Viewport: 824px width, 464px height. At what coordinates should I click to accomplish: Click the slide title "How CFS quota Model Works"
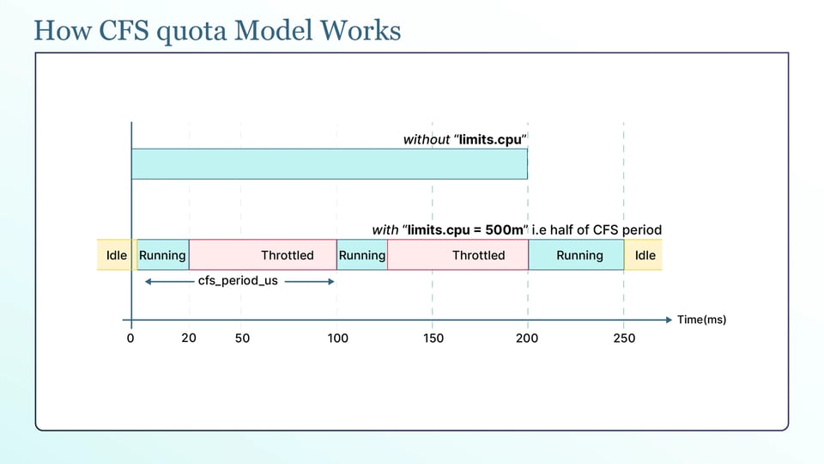pyautogui.click(x=217, y=31)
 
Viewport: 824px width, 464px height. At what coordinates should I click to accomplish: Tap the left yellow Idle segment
pyautogui.click(x=114, y=255)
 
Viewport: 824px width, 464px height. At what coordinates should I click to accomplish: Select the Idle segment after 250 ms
pyautogui.click(x=643, y=255)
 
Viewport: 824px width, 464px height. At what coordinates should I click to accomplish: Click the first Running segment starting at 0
pyautogui.click(x=163, y=255)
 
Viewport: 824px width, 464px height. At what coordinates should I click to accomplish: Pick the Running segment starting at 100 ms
pyautogui.click(x=362, y=255)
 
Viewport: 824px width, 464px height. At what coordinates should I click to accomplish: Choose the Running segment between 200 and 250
pyautogui.click(x=577, y=255)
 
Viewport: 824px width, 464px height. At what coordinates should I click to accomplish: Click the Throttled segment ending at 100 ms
pyautogui.click(x=263, y=255)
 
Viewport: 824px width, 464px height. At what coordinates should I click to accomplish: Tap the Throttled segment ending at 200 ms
pyautogui.click(x=458, y=255)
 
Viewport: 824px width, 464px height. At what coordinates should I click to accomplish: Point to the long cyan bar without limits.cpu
pyautogui.click(x=330, y=163)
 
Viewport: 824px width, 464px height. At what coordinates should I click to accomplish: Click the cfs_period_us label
pyautogui.click(x=238, y=281)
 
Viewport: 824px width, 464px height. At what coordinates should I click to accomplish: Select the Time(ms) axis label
pyautogui.click(x=701, y=320)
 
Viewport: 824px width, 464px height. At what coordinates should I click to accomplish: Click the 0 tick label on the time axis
pyautogui.click(x=130, y=339)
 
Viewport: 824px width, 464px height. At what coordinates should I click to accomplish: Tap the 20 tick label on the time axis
pyautogui.click(x=189, y=339)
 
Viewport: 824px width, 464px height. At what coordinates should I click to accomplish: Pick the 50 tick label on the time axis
pyautogui.click(x=242, y=339)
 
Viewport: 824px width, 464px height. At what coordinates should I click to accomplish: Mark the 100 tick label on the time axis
pyautogui.click(x=338, y=339)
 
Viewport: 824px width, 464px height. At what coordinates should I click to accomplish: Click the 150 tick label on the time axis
pyautogui.click(x=433, y=339)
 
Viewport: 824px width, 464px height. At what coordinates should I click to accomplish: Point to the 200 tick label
pyautogui.click(x=527, y=339)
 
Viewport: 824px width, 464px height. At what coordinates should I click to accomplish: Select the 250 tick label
pyautogui.click(x=624, y=339)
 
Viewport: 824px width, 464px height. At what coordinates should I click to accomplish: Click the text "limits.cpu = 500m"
pyautogui.click(x=465, y=230)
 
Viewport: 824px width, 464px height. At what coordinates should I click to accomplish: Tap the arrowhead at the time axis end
pyautogui.click(x=669, y=320)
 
